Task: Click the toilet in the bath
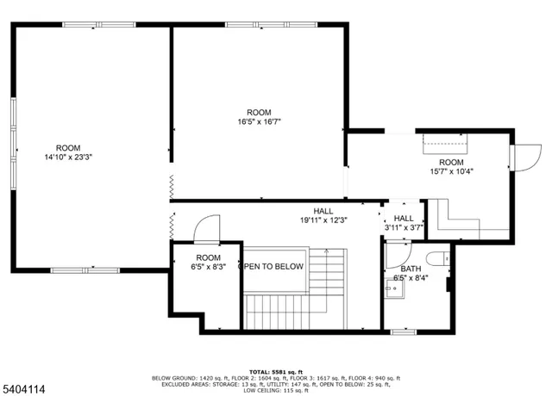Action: point(436,257)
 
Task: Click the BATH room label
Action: point(411,269)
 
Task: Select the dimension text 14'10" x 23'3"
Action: point(68,158)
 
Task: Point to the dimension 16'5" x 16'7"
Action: point(259,122)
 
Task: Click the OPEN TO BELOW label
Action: point(271,267)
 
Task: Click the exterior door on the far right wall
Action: point(521,158)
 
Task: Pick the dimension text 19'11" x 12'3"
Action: point(323,220)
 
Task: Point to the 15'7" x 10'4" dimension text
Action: point(452,171)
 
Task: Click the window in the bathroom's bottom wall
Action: point(404,331)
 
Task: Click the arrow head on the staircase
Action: point(327,252)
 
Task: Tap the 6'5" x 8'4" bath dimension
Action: point(411,278)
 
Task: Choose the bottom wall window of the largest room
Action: point(85,270)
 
